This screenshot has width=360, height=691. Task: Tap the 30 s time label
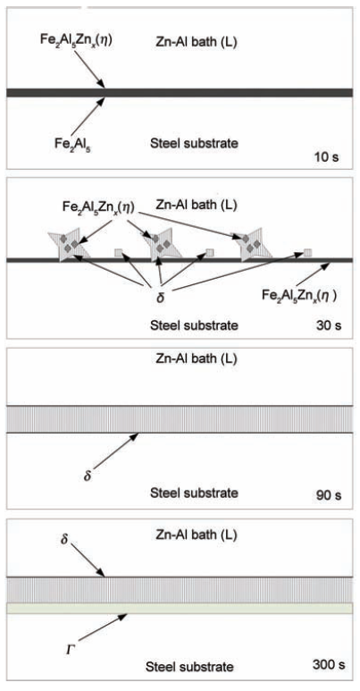click(x=329, y=326)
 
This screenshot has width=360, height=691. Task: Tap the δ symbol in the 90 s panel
click(x=88, y=476)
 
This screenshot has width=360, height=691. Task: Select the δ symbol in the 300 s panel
click(x=65, y=539)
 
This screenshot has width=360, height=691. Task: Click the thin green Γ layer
click(x=180, y=608)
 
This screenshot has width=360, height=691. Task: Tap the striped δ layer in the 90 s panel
click(x=180, y=419)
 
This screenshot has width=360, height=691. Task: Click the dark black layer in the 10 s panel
click(x=180, y=92)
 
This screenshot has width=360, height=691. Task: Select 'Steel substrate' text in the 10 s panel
click(x=195, y=143)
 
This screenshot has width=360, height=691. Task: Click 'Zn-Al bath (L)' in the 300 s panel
click(x=197, y=535)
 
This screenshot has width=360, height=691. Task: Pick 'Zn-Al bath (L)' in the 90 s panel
click(x=197, y=358)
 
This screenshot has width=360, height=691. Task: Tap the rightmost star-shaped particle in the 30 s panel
click(x=254, y=245)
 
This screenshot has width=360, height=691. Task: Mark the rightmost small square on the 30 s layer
click(x=307, y=252)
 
